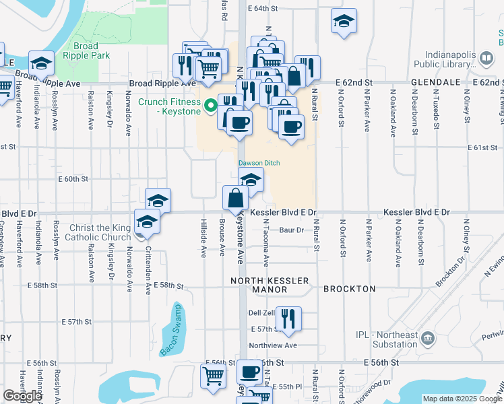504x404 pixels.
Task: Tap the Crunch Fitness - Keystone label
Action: pos(170,106)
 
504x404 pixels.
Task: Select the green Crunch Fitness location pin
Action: pos(210,105)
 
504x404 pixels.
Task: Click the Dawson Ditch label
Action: pos(259,163)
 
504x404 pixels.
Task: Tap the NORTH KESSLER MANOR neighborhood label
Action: pos(270,285)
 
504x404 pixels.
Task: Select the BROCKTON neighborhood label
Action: pos(349,289)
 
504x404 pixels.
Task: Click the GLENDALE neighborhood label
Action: pos(435,81)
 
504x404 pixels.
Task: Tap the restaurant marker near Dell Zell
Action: pos(288,318)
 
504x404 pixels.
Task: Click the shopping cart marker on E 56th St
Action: pos(213,375)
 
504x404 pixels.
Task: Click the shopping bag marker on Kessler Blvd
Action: pos(235,198)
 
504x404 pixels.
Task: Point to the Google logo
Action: pos(22,396)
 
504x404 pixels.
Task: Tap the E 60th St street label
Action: pos(73,179)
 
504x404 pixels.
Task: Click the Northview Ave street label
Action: pos(272,345)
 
